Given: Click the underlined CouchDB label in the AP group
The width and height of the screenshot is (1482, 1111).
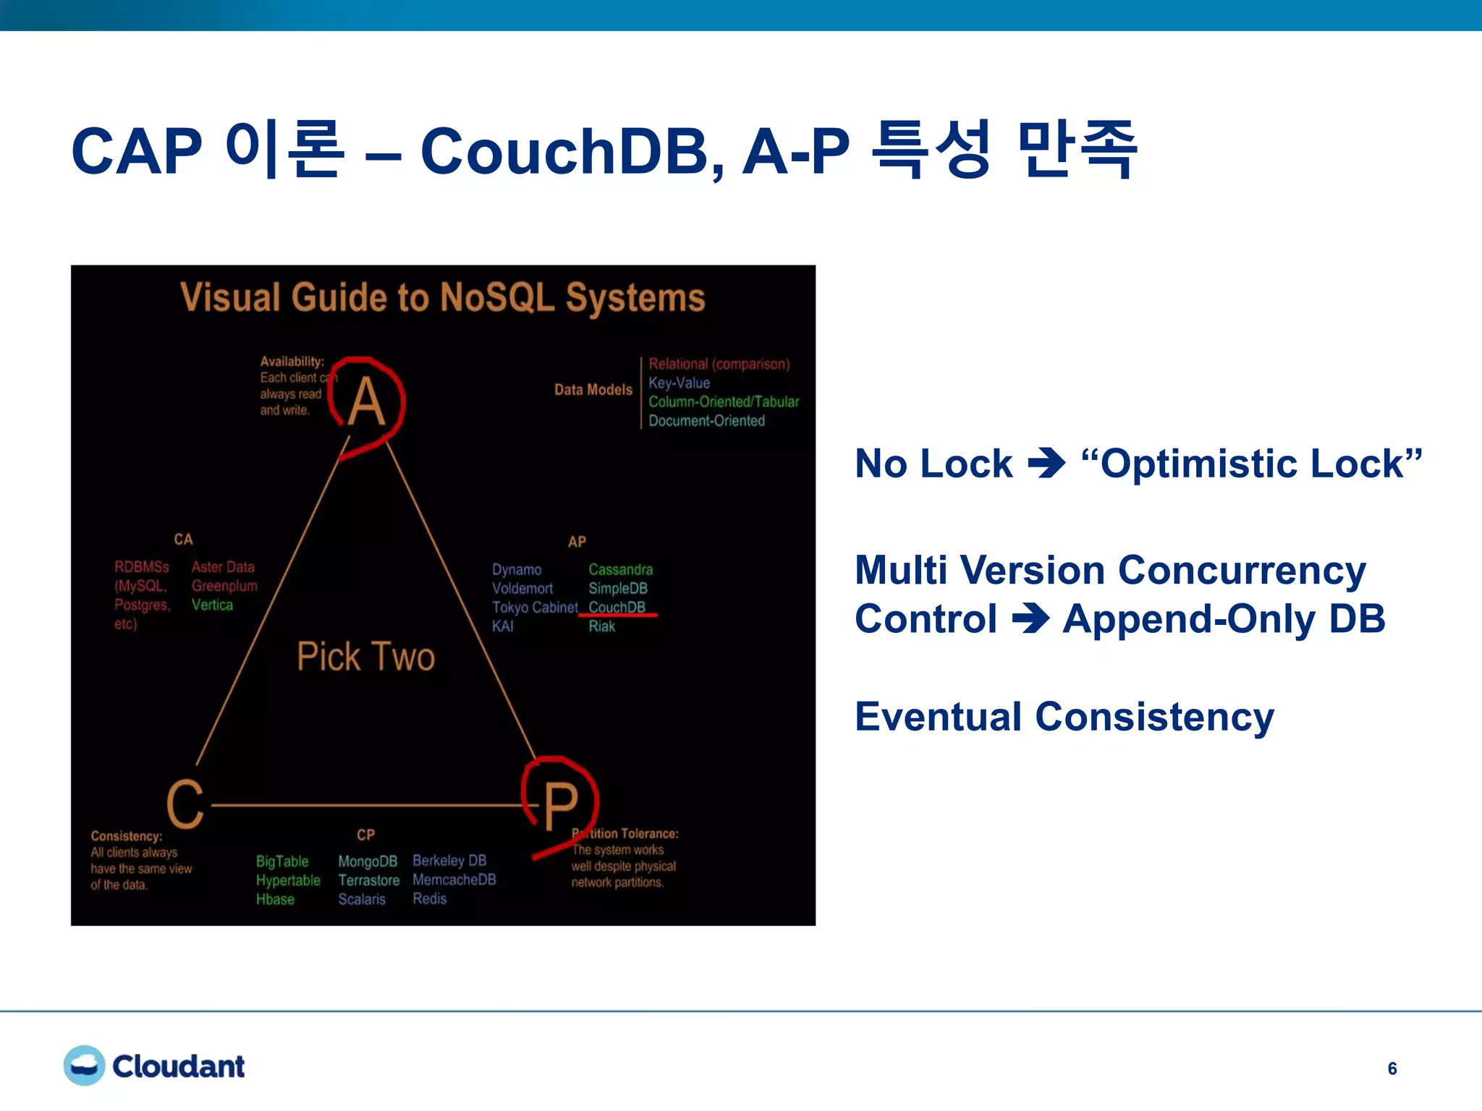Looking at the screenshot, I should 617,607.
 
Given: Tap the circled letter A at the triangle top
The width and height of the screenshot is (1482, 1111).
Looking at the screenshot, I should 366,402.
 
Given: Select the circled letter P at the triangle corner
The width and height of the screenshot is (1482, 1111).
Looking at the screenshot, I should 561,805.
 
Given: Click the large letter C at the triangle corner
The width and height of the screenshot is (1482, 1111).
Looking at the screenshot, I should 185,804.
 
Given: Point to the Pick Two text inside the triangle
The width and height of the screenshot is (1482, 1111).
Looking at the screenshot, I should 365,657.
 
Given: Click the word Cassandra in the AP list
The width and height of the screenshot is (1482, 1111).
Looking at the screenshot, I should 620,569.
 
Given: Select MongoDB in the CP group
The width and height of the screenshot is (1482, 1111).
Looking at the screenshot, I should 368,861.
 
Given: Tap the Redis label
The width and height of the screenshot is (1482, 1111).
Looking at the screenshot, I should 429,898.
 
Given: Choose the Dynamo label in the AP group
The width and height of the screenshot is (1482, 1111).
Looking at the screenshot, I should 517,569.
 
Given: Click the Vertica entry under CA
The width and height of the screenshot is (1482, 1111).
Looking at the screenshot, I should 212,605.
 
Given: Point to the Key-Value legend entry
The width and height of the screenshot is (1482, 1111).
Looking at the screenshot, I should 679,383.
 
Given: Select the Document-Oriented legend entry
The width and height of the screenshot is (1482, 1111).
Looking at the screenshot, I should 706,420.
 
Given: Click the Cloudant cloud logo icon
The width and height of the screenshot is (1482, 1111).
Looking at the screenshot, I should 85,1065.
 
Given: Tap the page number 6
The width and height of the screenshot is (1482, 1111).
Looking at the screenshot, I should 1392,1068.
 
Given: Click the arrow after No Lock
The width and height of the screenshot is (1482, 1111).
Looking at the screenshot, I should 1046,464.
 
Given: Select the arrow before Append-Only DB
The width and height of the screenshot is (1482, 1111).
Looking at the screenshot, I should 1030,619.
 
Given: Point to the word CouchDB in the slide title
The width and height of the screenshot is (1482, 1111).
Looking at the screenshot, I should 572,151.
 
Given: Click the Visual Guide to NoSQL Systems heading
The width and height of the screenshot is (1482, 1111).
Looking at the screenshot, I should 442,297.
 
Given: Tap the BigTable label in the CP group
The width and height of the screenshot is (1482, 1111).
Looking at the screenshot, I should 282,861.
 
